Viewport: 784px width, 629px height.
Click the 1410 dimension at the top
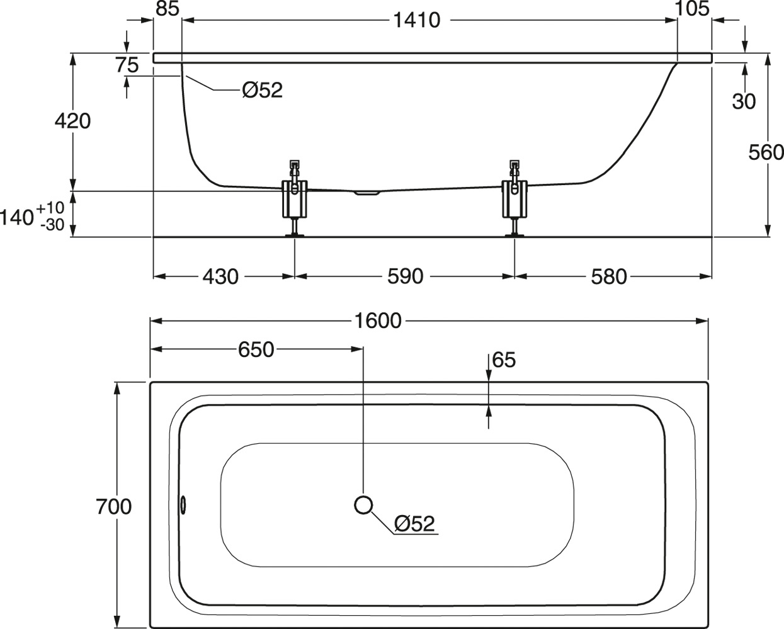417,20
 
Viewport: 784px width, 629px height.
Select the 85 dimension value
168,8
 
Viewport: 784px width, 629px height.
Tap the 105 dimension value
692,8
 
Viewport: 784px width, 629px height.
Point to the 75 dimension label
127,65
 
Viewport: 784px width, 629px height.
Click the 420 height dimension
72,122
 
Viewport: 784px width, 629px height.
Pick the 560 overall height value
766,152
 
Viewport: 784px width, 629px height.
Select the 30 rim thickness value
744,101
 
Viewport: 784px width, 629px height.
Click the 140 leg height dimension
17,217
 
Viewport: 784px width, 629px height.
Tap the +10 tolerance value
50,208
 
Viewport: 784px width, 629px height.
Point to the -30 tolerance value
52,225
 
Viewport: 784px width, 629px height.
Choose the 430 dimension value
220,276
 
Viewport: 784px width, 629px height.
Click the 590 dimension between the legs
405,276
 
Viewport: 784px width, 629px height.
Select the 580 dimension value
609,276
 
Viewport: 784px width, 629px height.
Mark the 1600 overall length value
378,321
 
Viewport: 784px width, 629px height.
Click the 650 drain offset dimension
256,349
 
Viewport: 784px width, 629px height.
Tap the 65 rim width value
504,360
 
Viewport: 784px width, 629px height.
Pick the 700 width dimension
114,507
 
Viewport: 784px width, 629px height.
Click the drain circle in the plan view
363,505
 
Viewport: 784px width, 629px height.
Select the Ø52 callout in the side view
263,90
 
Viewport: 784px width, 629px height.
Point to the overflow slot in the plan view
183,505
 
